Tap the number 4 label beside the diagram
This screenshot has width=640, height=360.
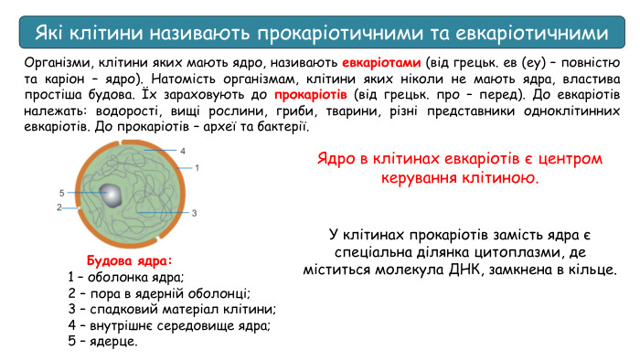[182, 150]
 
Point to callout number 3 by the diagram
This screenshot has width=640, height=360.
[194, 212]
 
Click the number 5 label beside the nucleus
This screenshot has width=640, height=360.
[60, 193]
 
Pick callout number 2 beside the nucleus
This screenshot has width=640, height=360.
[59, 207]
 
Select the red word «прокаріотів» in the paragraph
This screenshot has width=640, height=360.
[311, 94]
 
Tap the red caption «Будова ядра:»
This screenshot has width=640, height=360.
[129, 259]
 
